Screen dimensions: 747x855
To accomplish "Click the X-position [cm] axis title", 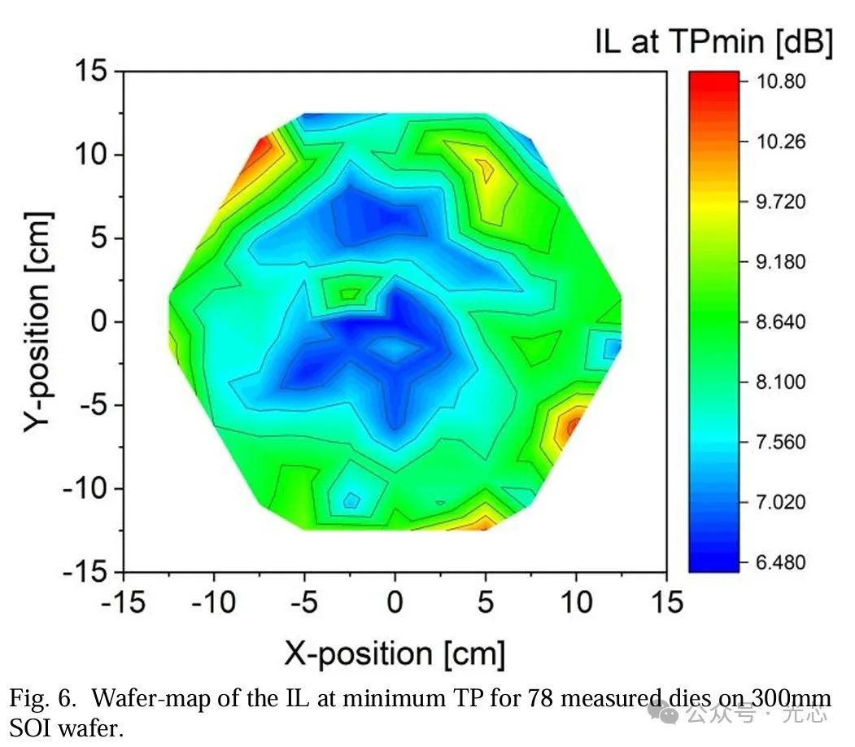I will pyautogui.click(x=395, y=653).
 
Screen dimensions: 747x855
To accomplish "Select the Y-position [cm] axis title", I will pyautogui.click(x=38, y=321).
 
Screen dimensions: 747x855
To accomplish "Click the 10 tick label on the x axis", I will pyautogui.click(x=576, y=603).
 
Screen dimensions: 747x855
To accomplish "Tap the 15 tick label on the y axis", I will pyautogui.click(x=92, y=72).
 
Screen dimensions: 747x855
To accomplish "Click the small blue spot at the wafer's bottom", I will pyautogui.click(x=351, y=500).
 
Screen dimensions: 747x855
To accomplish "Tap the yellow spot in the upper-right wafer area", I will pyautogui.click(x=484, y=169).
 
